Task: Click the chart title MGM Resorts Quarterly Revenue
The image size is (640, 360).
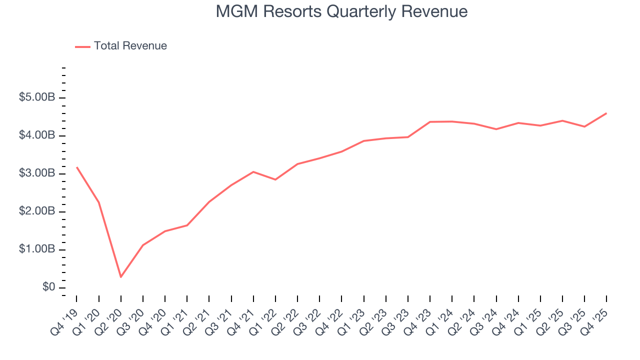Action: click(x=341, y=11)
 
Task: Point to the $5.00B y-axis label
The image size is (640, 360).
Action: click(x=37, y=97)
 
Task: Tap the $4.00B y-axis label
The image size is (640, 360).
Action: click(x=37, y=135)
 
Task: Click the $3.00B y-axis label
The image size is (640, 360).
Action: click(x=37, y=173)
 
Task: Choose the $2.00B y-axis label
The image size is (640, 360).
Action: click(x=37, y=211)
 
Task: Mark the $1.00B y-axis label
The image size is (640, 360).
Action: click(x=37, y=249)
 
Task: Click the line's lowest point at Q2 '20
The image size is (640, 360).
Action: click(x=121, y=276)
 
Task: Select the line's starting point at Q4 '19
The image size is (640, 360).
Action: click(x=76, y=167)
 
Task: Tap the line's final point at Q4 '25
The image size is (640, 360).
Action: click(x=606, y=113)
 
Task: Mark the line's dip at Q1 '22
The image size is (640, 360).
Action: click(x=275, y=179)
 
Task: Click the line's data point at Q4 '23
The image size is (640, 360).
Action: click(x=430, y=122)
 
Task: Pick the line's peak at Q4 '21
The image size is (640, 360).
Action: click(x=253, y=171)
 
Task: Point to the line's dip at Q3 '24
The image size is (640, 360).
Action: click(x=496, y=129)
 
